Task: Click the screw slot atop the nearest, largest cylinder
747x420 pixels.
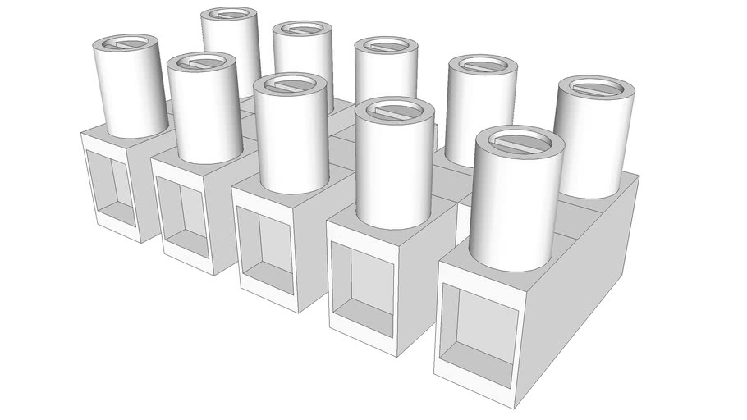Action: [x=519, y=144]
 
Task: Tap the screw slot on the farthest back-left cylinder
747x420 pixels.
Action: [x=228, y=15]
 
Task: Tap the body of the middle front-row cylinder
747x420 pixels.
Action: [x=292, y=139]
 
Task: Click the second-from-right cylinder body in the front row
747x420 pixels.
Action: [x=395, y=168]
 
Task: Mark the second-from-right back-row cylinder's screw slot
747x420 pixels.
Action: [x=483, y=66]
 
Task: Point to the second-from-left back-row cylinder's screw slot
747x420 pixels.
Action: [x=301, y=30]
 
